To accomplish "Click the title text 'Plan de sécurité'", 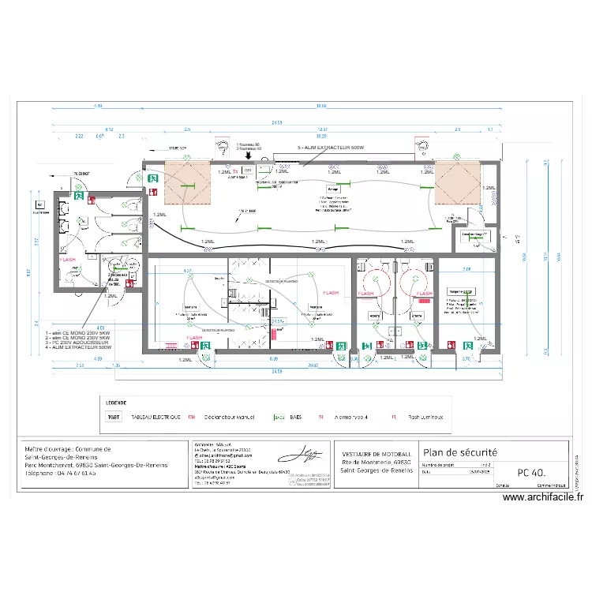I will [460, 452].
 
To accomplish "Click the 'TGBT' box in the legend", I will [114, 417].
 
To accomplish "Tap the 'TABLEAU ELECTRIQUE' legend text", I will [155, 417].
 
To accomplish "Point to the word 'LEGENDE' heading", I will [116, 402].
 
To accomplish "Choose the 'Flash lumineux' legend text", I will [425, 417].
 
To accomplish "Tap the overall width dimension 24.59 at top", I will [277, 122].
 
